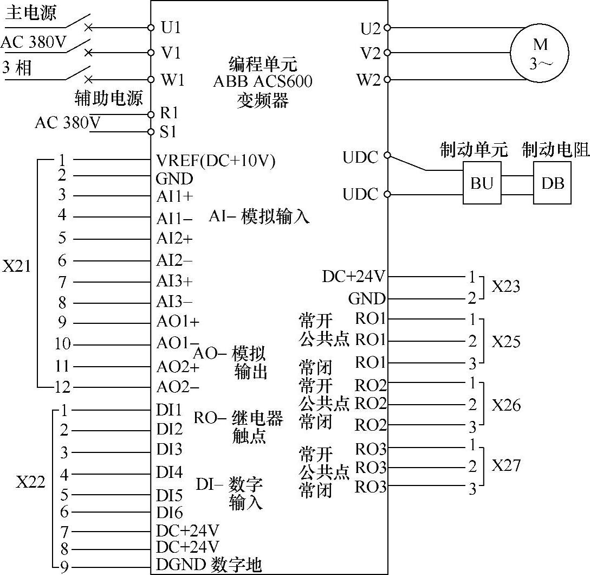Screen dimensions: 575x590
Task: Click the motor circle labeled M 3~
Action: tap(539, 53)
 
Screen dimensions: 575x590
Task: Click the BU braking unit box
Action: tap(482, 183)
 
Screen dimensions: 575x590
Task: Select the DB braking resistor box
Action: tap(552, 183)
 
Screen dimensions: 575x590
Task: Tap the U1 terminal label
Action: tap(171, 27)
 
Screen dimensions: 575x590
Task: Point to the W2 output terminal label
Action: tap(368, 80)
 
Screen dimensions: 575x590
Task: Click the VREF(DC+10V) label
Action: tap(216, 161)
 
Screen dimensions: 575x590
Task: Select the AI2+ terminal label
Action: tap(174, 238)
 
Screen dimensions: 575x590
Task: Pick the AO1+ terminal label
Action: tap(178, 322)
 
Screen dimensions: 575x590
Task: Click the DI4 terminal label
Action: tap(170, 472)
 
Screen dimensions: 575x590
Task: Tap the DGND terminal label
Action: tap(179, 565)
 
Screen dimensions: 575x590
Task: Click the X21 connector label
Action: tap(17, 267)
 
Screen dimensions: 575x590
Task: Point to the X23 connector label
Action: tap(505, 286)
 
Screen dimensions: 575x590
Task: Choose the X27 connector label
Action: tap(506, 465)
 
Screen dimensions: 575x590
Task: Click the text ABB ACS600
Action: tap(263, 82)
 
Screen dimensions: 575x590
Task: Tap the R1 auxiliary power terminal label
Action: tap(170, 113)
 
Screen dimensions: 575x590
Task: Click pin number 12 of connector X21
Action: tap(62, 387)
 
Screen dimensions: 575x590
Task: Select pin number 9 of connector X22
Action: tap(64, 567)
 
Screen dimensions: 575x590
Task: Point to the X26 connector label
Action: tap(506, 405)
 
